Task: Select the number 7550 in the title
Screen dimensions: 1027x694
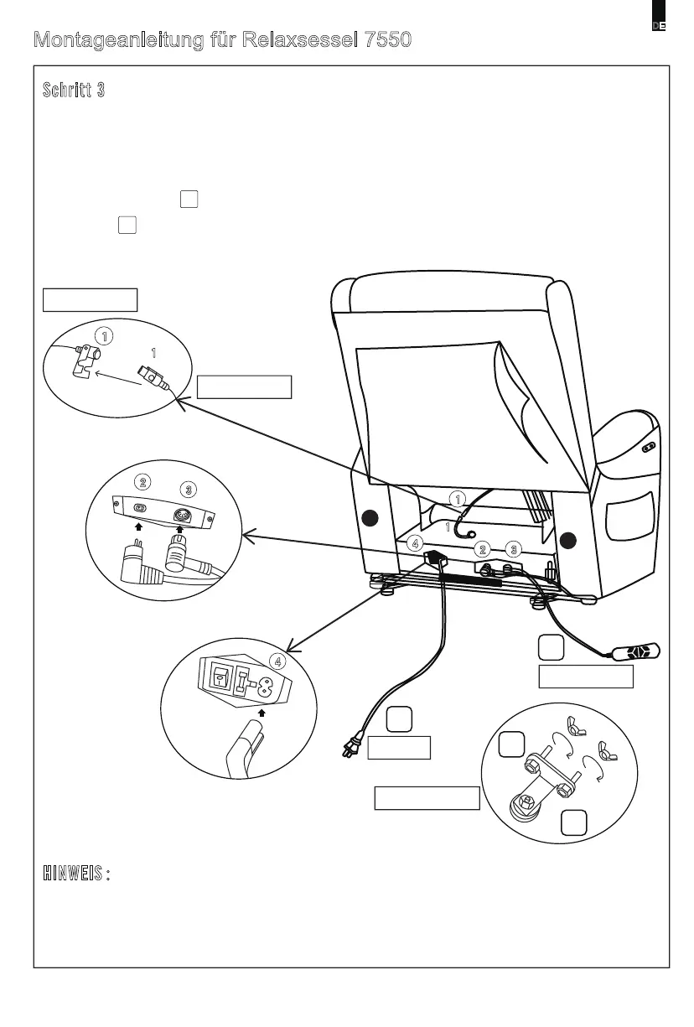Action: tap(388, 40)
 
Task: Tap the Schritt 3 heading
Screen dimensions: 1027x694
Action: tap(74, 91)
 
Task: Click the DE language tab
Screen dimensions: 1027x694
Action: tap(660, 26)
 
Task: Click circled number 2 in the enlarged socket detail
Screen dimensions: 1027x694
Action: tap(144, 482)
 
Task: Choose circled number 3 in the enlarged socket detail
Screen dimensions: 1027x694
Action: tap(190, 489)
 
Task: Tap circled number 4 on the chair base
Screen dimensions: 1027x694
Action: tap(415, 543)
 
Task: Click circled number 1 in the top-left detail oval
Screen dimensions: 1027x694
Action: tap(104, 335)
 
